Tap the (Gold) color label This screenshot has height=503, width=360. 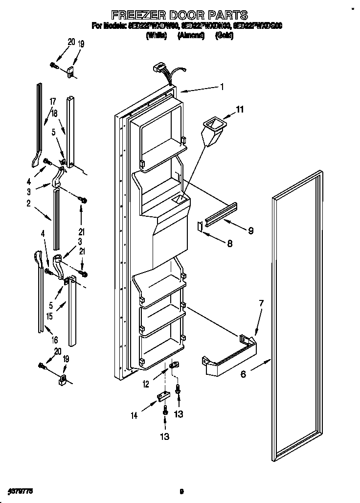224,36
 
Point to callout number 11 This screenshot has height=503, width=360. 240,110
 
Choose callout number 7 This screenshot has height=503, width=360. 261,303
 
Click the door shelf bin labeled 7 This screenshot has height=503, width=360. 229,360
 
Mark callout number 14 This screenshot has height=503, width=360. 135,416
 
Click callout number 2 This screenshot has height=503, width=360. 29,203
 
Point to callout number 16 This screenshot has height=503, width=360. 55,340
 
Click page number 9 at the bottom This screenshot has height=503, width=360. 181,491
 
